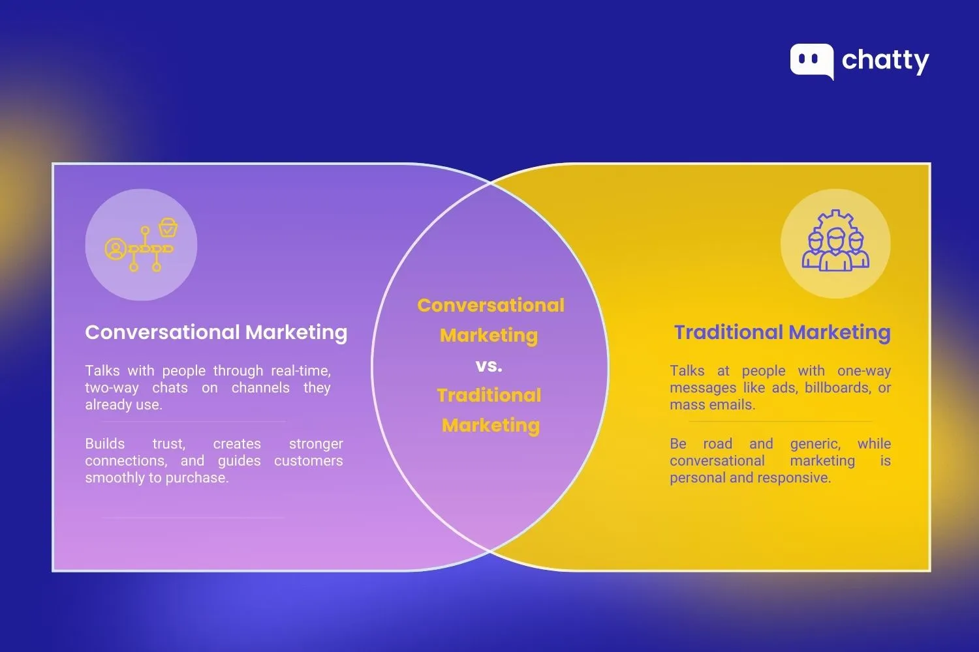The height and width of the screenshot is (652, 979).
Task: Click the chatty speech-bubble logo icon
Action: click(x=811, y=61)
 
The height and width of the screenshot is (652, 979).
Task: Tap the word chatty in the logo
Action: click(x=885, y=61)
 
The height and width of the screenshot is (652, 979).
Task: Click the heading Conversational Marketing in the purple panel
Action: click(x=216, y=333)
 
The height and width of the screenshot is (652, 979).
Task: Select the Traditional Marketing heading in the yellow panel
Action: click(x=782, y=333)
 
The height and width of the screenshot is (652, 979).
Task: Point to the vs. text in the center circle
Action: click(x=489, y=365)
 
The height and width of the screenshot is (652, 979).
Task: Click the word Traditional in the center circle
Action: click(x=489, y=395)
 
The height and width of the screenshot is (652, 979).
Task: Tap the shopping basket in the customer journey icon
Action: click(x=168, y=228)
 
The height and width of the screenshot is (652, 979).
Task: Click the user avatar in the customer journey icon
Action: click(x=116, y=249)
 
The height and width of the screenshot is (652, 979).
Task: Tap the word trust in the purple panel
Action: click(x=168, y=444)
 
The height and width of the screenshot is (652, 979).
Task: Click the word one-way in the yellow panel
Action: click(x=863, y=371)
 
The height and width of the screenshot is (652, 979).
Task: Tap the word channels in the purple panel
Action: click(x=260, y=388)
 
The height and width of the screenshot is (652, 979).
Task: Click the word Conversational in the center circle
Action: click(x=491, y=305)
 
